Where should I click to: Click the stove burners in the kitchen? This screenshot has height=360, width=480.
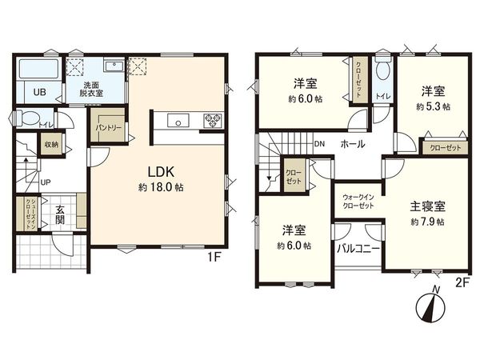214,122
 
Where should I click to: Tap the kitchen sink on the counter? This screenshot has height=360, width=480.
178,122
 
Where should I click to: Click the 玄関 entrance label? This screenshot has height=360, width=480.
60,215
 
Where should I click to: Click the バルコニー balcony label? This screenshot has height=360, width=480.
353,249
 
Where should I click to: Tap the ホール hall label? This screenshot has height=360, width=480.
353,145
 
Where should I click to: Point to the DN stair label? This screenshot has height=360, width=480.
319,145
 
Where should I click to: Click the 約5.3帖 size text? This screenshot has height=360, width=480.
433,106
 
